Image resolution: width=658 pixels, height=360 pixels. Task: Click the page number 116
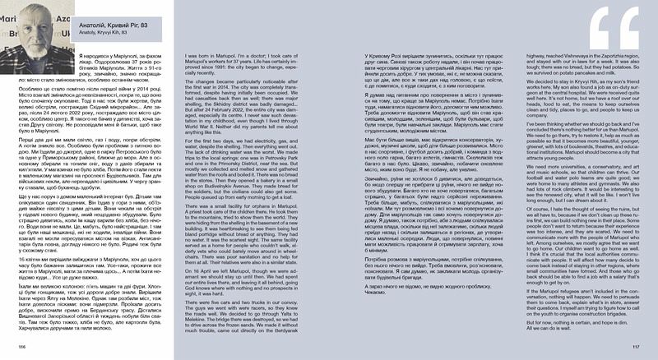tap(21, 347)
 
